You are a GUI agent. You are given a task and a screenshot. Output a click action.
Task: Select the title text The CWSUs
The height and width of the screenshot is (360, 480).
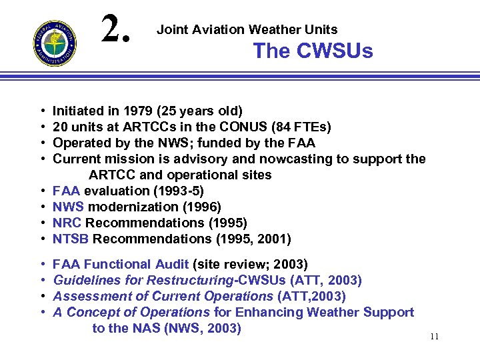(313, 51)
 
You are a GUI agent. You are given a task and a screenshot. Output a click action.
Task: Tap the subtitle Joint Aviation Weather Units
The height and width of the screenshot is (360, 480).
(247, 29)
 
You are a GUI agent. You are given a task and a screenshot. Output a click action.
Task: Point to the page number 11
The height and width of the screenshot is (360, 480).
(434, 337)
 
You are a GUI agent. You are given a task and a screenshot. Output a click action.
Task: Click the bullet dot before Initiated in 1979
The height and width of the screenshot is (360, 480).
(43, 111)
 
